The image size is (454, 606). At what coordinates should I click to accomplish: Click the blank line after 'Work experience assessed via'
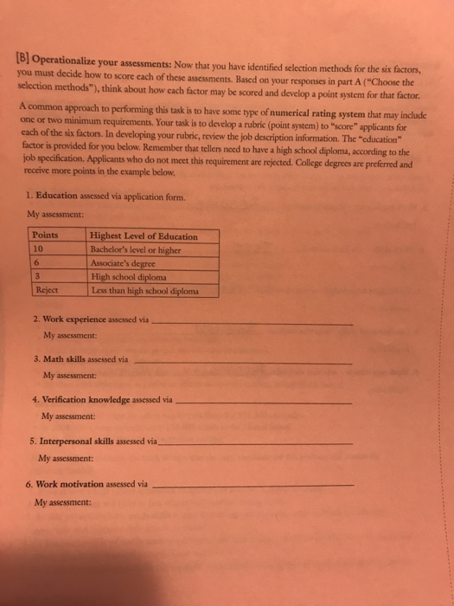[x=252, y=322]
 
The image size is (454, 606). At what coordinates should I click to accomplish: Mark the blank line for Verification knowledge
[x=263, y=402]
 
